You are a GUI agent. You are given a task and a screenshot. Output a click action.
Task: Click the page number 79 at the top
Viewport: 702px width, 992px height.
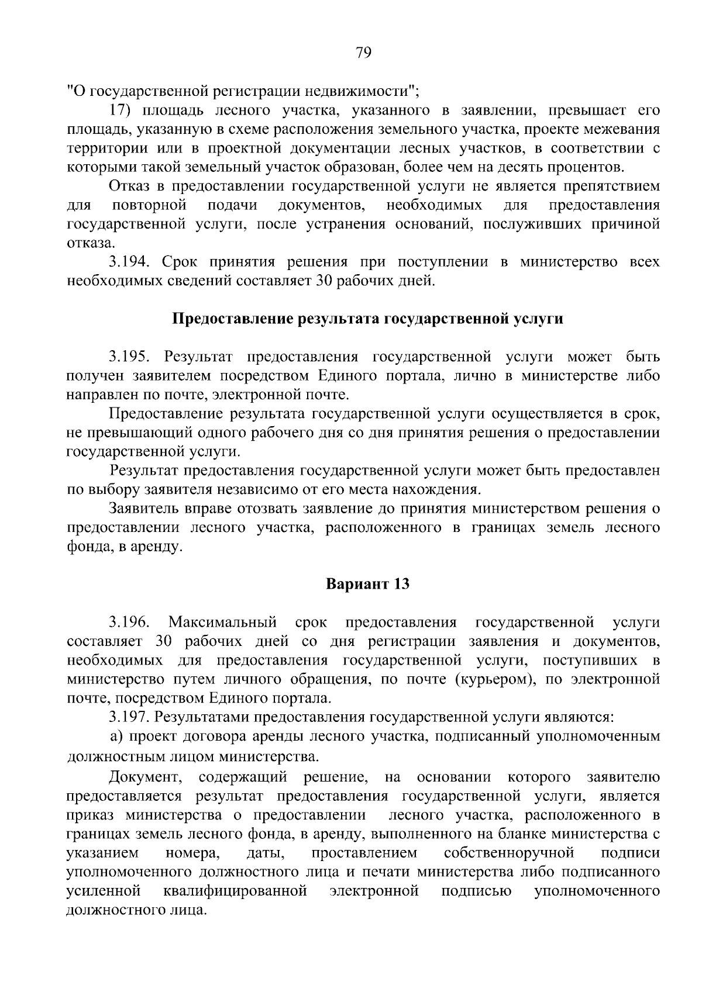click(x=363, y=53)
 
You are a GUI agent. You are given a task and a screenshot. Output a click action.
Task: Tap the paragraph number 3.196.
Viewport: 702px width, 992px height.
click(x=129, y=621)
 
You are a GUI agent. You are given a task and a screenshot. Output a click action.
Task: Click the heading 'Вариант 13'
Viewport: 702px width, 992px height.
click(x=367, y=584)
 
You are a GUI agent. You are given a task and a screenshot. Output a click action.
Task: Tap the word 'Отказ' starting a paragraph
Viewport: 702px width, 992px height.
click(x=129, y=186)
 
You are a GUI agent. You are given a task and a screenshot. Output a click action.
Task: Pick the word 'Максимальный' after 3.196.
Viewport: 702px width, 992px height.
click(x=222, y=621)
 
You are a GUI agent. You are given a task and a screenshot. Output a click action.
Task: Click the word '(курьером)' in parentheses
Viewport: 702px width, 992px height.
click(x=446, y=679)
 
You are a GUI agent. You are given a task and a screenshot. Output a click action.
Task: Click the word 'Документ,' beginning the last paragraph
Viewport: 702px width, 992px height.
click(x=142, y=777)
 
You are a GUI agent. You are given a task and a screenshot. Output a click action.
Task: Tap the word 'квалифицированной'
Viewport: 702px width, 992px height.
click(x=235, y=891)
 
